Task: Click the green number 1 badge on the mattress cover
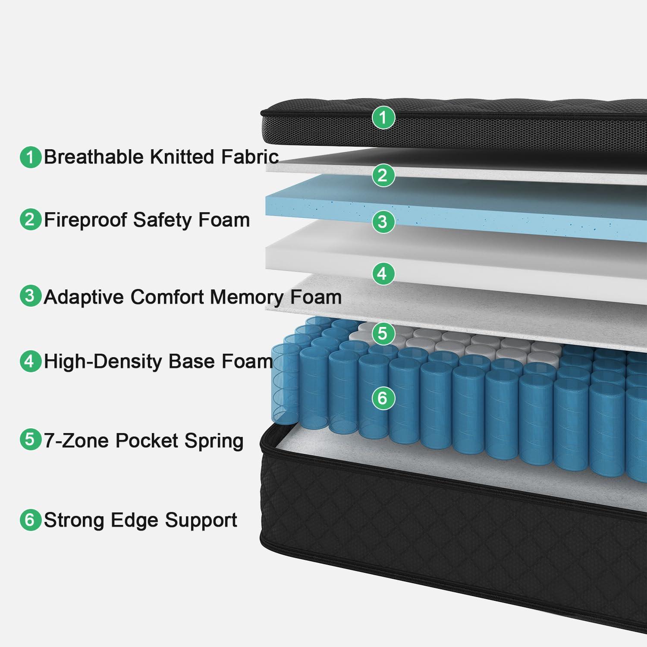tap(383, 117)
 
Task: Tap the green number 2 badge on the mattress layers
tap(383, 176)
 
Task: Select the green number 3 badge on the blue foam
tap(383, 222)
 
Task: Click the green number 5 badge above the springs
tap(383, 333)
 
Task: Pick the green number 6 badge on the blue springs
tap(383, 398)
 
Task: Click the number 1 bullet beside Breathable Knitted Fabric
tap(30, 157)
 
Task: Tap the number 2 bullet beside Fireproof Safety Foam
tap(30, 220)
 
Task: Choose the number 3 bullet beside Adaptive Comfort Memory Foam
tap(30, 296)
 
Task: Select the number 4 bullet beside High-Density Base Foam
tap(30, 361)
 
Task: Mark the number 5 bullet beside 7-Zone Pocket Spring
tap(30, 440)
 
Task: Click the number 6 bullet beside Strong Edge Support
tap(30, 520)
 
